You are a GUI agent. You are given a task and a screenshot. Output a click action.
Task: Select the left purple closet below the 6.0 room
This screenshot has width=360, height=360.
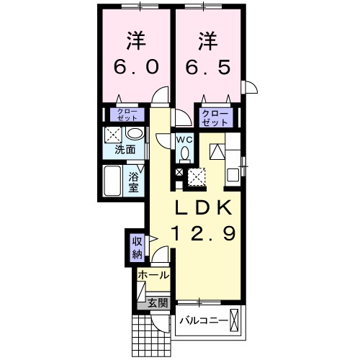[x=125, y=115]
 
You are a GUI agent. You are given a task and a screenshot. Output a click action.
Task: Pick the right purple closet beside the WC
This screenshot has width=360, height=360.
[x=215, y=118]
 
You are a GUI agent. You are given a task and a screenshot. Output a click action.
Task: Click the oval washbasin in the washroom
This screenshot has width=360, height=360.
[x=133, y=134]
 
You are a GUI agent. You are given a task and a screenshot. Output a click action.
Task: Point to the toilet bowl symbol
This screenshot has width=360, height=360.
[x=184, y=153]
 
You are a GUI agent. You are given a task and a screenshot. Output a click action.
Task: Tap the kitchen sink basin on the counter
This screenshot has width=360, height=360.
[x=233, y=174]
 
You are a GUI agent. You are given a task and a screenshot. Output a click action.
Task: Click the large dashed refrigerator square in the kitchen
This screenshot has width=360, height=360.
[x=197, y=175]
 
